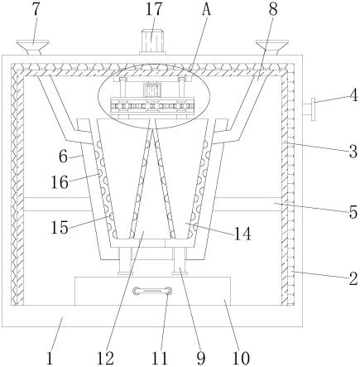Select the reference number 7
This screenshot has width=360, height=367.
(36, 9)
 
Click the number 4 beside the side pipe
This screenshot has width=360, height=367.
(353, 95)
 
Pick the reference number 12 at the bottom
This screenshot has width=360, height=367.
(105, 359)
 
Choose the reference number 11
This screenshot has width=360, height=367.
(160, 359)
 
